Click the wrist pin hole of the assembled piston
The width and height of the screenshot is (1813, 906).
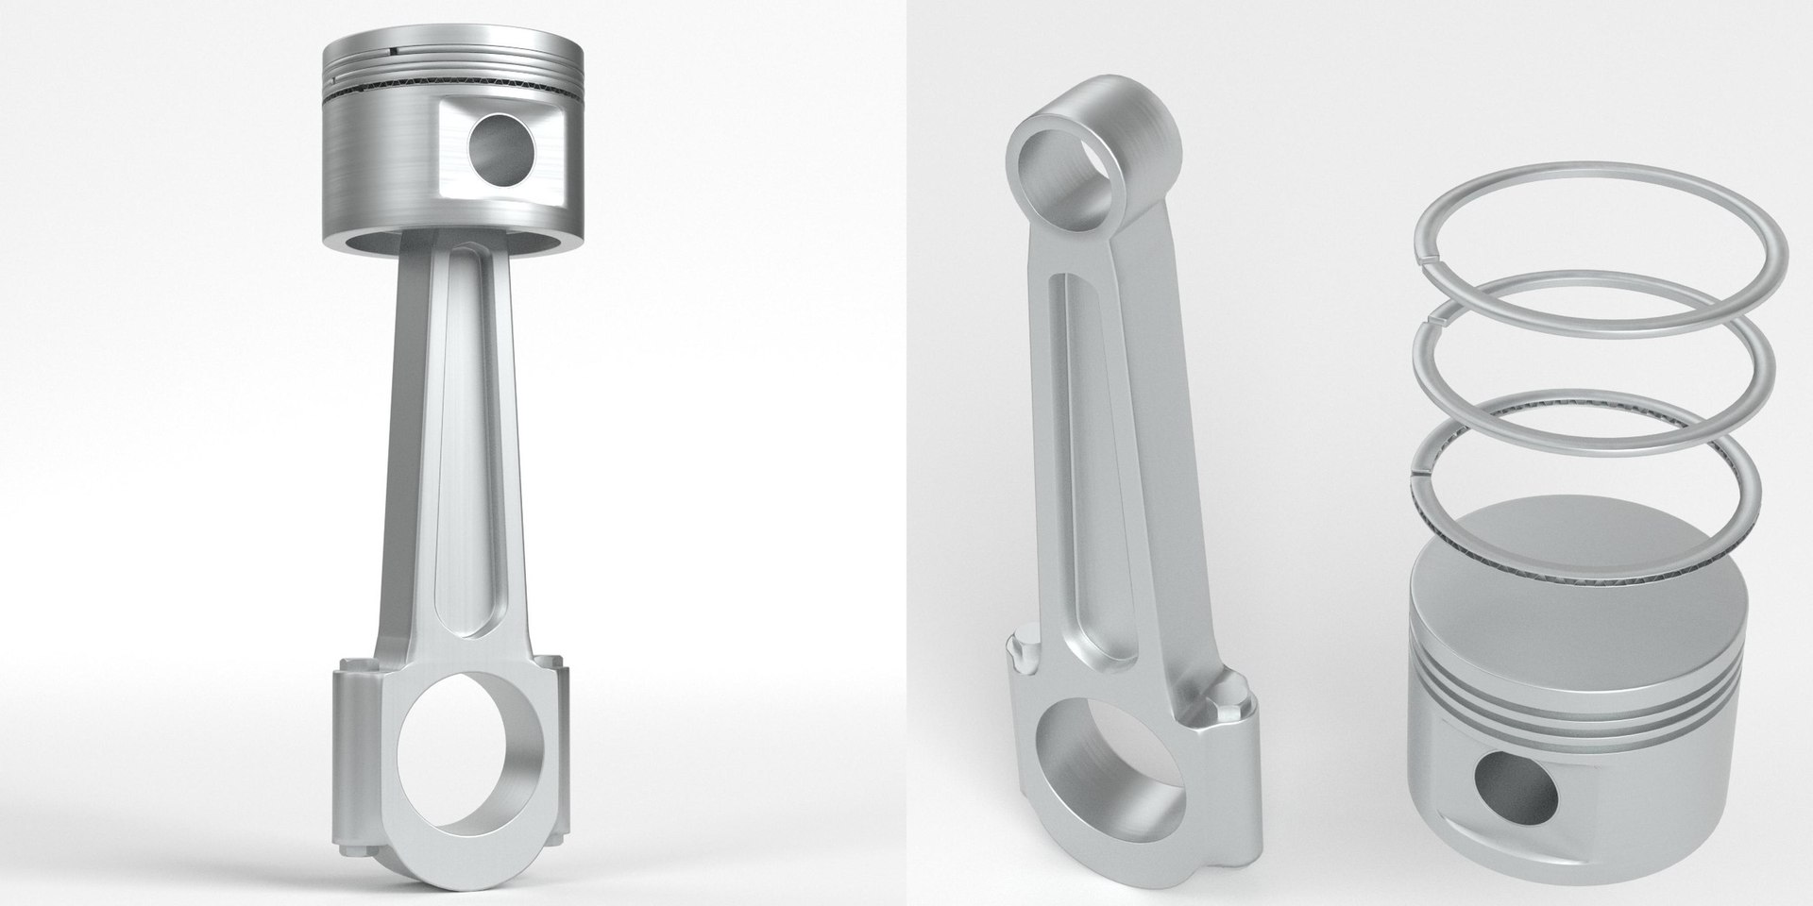coord(501,150)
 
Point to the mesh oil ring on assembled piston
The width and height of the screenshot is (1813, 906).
coord(397,92)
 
